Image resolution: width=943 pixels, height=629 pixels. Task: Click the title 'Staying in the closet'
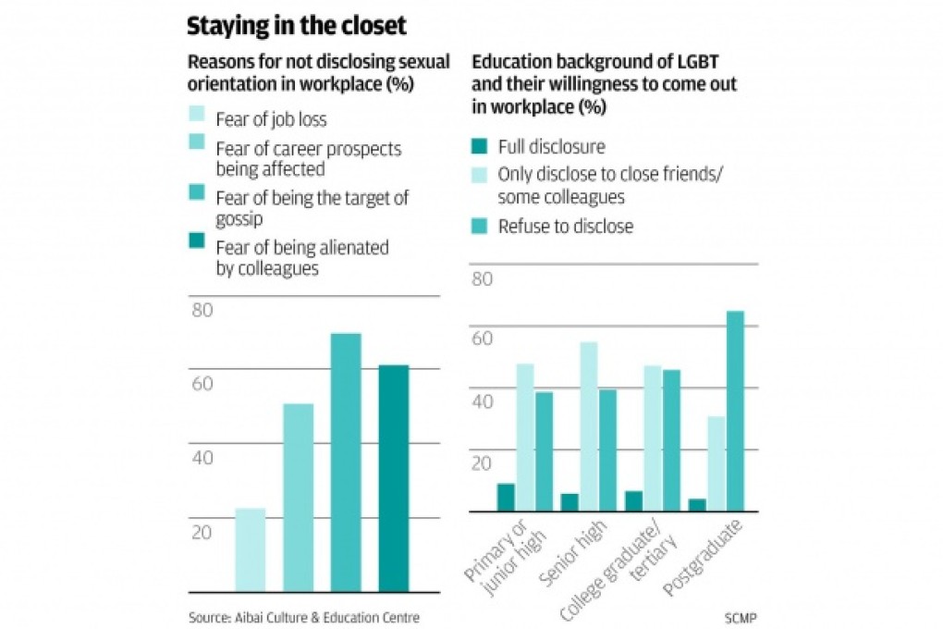pos(297,26)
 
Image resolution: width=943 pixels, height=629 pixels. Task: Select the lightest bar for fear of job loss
pos(250,549)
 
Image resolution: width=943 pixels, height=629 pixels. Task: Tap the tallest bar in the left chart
pos(346,462)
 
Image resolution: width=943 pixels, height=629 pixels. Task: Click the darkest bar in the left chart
pos(393,478)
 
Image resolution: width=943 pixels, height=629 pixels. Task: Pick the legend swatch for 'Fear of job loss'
pos(198,118)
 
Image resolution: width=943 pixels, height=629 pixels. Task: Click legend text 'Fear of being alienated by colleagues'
pos(301,258)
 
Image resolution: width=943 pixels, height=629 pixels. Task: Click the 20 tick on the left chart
pos(202,533)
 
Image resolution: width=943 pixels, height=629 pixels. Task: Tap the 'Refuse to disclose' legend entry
pos(565,227)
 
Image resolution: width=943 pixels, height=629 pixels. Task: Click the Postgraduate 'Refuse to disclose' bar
pos(735,411)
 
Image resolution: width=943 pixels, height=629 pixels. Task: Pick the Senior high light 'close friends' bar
pos(588,426)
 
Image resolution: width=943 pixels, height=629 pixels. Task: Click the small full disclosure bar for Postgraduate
pos(697,505)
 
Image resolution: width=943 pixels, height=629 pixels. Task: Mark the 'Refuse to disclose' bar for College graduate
pos(671,440)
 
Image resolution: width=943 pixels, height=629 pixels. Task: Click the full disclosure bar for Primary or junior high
pos(506,497)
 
